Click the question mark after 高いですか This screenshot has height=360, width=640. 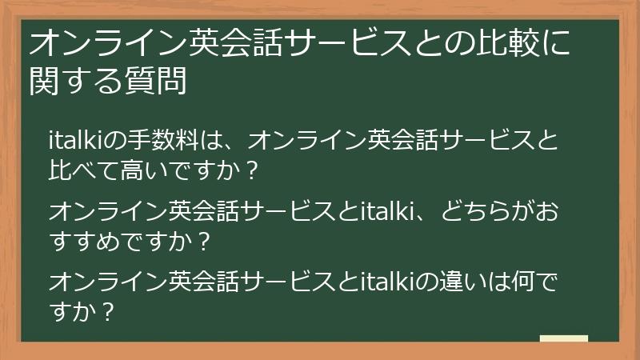[x=254, y=171]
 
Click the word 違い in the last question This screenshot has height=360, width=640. [x=470, y=282]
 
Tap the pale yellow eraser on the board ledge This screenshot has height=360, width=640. [x=563, y=338]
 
